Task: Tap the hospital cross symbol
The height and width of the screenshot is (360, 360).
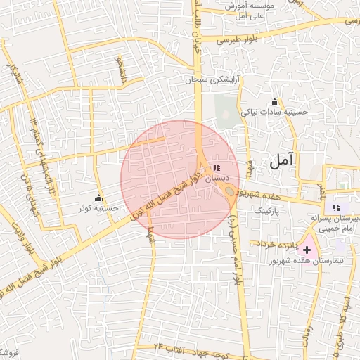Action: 307,250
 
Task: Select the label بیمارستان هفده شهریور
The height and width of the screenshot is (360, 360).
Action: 309,261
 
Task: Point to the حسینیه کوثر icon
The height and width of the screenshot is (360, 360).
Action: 98,198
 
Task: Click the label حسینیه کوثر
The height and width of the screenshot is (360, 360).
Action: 98,209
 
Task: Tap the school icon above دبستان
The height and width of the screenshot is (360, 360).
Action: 216,167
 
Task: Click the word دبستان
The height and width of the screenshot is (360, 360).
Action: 217,179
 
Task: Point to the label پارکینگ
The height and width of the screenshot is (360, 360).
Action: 266,209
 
